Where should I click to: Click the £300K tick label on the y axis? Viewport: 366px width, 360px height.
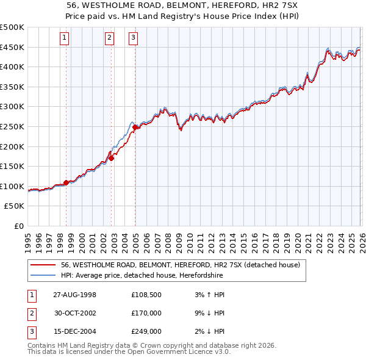12,107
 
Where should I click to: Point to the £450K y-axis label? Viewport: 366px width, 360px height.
12,47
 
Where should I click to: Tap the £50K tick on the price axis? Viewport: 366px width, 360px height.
15,206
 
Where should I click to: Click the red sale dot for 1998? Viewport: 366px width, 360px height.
66,182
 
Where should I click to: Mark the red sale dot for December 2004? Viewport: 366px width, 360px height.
135,127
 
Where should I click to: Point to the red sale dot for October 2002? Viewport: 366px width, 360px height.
112,158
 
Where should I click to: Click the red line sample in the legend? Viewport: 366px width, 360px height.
43,265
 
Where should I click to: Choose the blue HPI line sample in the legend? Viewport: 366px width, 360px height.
43,276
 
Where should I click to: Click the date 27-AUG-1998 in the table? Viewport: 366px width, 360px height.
74,295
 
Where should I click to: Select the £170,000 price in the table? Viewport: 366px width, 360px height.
146,313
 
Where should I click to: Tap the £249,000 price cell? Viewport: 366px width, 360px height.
146,331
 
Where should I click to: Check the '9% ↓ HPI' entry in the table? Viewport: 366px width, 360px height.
209,313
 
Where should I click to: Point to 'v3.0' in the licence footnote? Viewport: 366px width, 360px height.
223,352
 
